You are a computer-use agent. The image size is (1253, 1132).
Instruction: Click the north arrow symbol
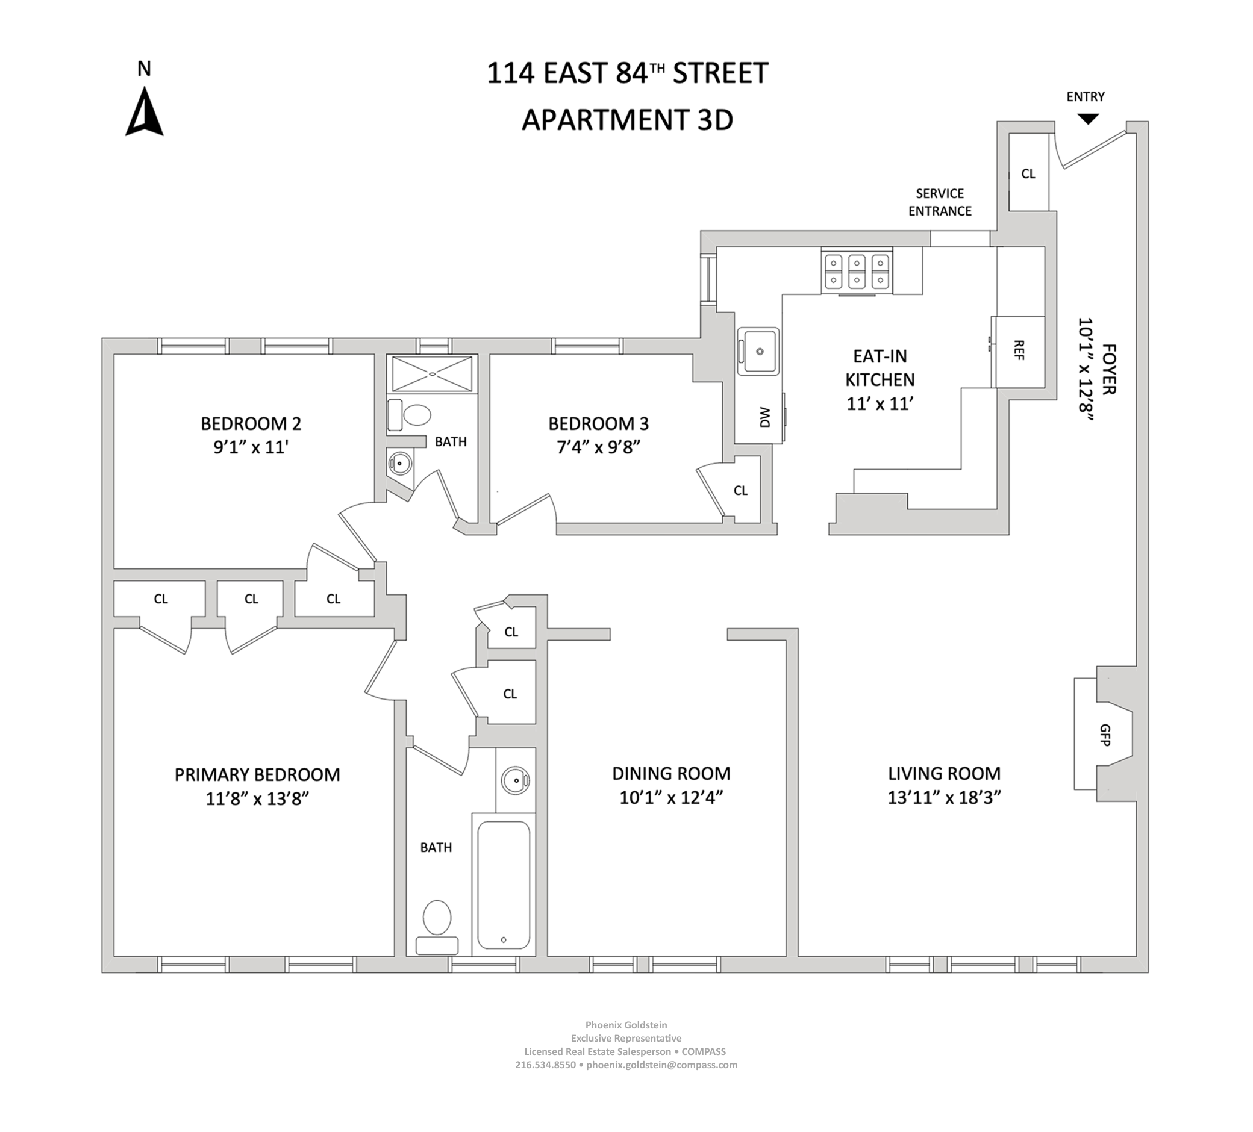[x=144, y=112]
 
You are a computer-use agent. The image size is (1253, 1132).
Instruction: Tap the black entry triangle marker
[x=1088, y=119]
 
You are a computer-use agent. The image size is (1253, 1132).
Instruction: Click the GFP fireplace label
[x=1104, y=735]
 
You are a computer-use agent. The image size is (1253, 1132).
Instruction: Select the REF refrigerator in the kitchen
[x=1018, y=352]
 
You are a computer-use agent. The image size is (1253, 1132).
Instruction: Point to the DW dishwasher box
[x=763, y=417]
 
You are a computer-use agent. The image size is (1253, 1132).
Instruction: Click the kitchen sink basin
[x=758, y=352]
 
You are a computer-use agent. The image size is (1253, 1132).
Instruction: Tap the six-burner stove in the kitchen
[x=857, y=272]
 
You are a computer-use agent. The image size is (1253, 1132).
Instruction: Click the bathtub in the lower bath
[x=504, y=885]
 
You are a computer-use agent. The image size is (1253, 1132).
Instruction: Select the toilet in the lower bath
[x=437, y=918]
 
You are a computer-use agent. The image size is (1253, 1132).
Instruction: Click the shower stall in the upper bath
[x=432, y=374]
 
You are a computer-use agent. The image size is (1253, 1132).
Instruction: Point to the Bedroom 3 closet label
[x=740, y=491]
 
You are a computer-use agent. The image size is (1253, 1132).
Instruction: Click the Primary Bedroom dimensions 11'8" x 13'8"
[x=257, y=798]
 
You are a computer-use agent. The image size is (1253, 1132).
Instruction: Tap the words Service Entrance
[x=939, y=202]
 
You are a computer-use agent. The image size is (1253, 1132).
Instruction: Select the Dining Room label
[x=671, y=774]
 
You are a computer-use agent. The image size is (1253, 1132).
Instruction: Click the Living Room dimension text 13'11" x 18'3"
[x=944, y=798]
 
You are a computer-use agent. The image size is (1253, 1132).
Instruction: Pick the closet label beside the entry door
[x=1028, y=174]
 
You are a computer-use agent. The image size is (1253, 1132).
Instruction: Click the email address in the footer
[x=661, y=1065]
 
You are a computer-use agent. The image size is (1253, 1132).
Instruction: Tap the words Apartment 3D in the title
[x=626, y=120]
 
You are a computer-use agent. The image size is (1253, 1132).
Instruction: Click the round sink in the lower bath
[x=514, y=780]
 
